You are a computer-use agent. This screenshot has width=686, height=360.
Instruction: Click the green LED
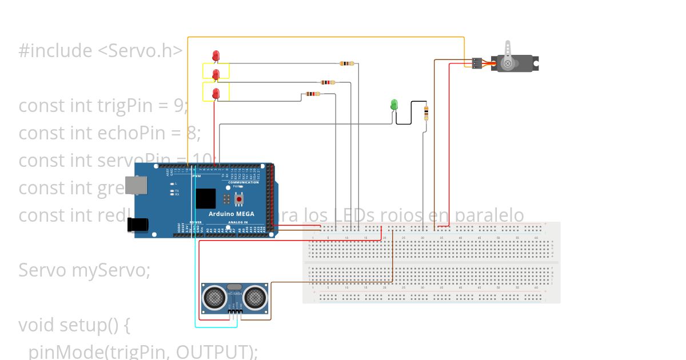click(x=393, y=105)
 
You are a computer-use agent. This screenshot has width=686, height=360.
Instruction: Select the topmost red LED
click(x=216, y=55)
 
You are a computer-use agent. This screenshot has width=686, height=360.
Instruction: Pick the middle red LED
click(x=216, y=74)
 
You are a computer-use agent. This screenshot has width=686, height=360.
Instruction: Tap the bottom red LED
click(x=216, y=93)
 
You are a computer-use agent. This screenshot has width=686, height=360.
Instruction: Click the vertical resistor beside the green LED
click(x=426, y=113)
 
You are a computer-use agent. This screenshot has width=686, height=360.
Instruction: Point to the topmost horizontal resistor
click(x=346, y=63)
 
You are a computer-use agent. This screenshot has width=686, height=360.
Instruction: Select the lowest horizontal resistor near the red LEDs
click(x=311, y=94)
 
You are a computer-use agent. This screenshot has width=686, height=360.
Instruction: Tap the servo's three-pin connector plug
click(x=476, y=63)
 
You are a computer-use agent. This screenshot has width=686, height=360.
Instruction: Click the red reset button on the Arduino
click(x=239, y=199)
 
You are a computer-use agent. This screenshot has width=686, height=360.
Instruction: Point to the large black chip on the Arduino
click(x=206, y=198)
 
